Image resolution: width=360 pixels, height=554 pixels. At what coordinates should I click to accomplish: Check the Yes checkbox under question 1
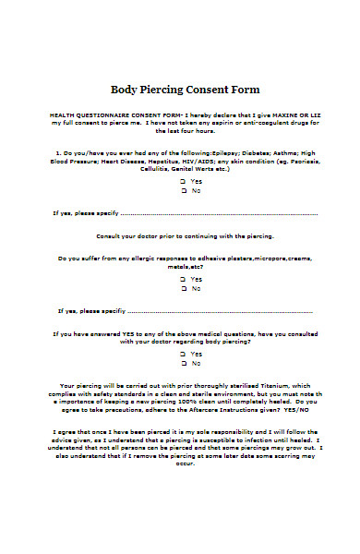pos(184,181)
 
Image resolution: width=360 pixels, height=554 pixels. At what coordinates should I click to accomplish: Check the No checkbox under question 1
pos(184,190)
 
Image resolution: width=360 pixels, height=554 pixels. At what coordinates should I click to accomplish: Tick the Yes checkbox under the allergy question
pos(184,278)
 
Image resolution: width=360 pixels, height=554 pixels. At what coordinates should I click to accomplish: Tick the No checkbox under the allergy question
pos(184,288)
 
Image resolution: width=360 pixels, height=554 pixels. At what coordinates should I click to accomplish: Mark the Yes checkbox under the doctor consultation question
pos(184,354)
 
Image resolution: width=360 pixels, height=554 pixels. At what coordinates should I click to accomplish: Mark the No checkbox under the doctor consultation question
pos(184,364)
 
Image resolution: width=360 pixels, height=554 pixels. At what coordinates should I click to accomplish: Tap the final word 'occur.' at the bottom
pos(186,464)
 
